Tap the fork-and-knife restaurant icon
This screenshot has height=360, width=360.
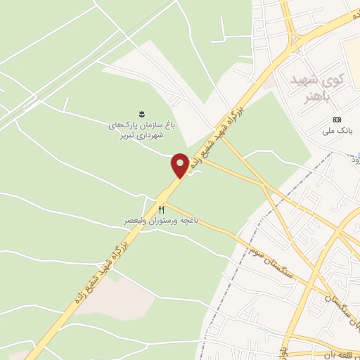point(161,210)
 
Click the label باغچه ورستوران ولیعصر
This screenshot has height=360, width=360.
point(162,221)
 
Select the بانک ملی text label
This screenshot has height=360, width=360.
point(336,131)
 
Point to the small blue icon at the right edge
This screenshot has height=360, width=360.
point(357,155)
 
